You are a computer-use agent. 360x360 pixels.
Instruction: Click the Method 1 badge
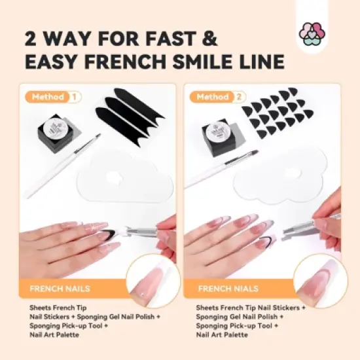click(x=54, y=97)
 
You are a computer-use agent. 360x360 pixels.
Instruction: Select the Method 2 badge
click(x=219, y=97)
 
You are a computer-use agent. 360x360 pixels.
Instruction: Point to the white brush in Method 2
click(x=223, y=169)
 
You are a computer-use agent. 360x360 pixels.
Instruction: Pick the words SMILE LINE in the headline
click(x=223, y=62)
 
